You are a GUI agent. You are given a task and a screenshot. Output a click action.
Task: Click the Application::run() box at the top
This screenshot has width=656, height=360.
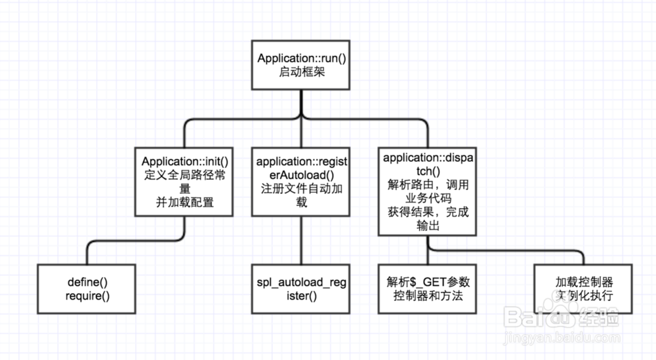301,65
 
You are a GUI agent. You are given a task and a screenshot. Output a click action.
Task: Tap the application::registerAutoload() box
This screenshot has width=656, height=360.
301,181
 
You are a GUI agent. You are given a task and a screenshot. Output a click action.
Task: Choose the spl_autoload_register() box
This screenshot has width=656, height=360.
301,289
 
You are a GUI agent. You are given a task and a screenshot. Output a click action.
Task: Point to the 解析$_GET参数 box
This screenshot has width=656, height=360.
427,289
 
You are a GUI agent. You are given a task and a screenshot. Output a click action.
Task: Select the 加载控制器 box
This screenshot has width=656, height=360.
583,289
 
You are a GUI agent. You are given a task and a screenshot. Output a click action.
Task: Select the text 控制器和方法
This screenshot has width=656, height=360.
427,296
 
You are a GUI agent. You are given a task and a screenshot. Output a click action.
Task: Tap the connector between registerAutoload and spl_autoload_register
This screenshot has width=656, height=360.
301,240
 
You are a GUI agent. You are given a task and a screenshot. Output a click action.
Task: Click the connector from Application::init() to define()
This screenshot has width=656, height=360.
131,241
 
